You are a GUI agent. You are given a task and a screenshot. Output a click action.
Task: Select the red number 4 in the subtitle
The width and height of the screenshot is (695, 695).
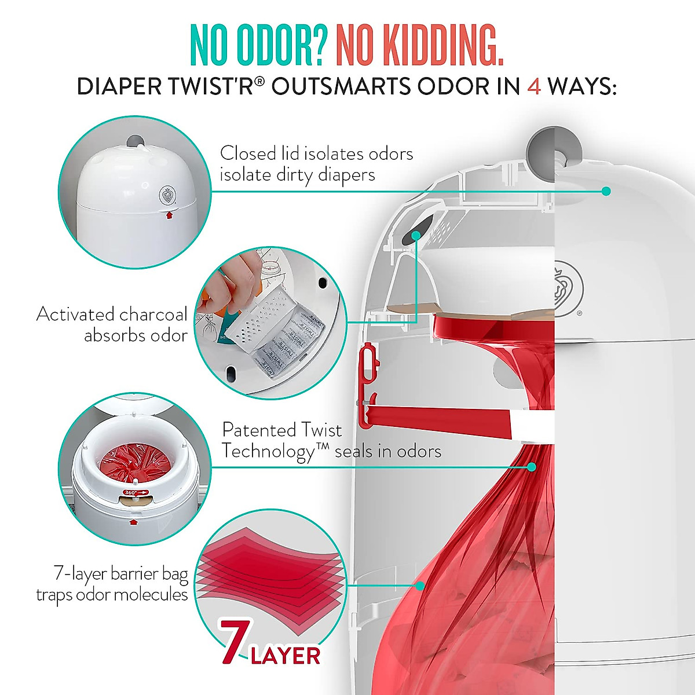pyautogui.click(x=534, y=86)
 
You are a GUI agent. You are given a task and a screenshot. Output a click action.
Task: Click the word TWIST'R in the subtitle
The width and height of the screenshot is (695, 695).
pyautogui.click(x=215, y=86)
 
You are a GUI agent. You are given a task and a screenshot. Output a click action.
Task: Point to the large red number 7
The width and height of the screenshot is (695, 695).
pyautogui.click(x=236, y=641)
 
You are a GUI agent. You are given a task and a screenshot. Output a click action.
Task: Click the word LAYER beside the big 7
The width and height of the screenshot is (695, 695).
pyautogui.click(x=286, y=656)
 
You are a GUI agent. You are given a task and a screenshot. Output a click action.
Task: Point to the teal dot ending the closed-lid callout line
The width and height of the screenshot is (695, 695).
pyautogui.click(x=606, y=191)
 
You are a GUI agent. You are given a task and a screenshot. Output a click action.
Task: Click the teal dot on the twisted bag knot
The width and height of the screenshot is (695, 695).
pyautogui.click(x=532, y=466)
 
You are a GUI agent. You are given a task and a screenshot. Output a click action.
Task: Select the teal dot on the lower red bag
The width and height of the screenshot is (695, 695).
pyautogui.click(x=420, y=586)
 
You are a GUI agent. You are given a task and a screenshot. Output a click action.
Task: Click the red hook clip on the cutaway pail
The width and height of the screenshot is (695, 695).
pyautogui.click(x=367, y=385)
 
